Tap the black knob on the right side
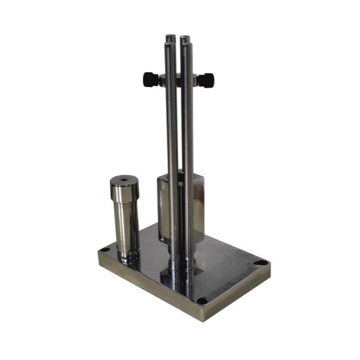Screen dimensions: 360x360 205,78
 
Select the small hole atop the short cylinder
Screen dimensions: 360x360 124,179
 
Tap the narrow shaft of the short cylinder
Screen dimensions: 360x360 127,228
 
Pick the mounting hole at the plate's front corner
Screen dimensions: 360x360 202,300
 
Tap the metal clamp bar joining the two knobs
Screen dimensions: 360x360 178,78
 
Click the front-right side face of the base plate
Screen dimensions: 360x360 240,294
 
